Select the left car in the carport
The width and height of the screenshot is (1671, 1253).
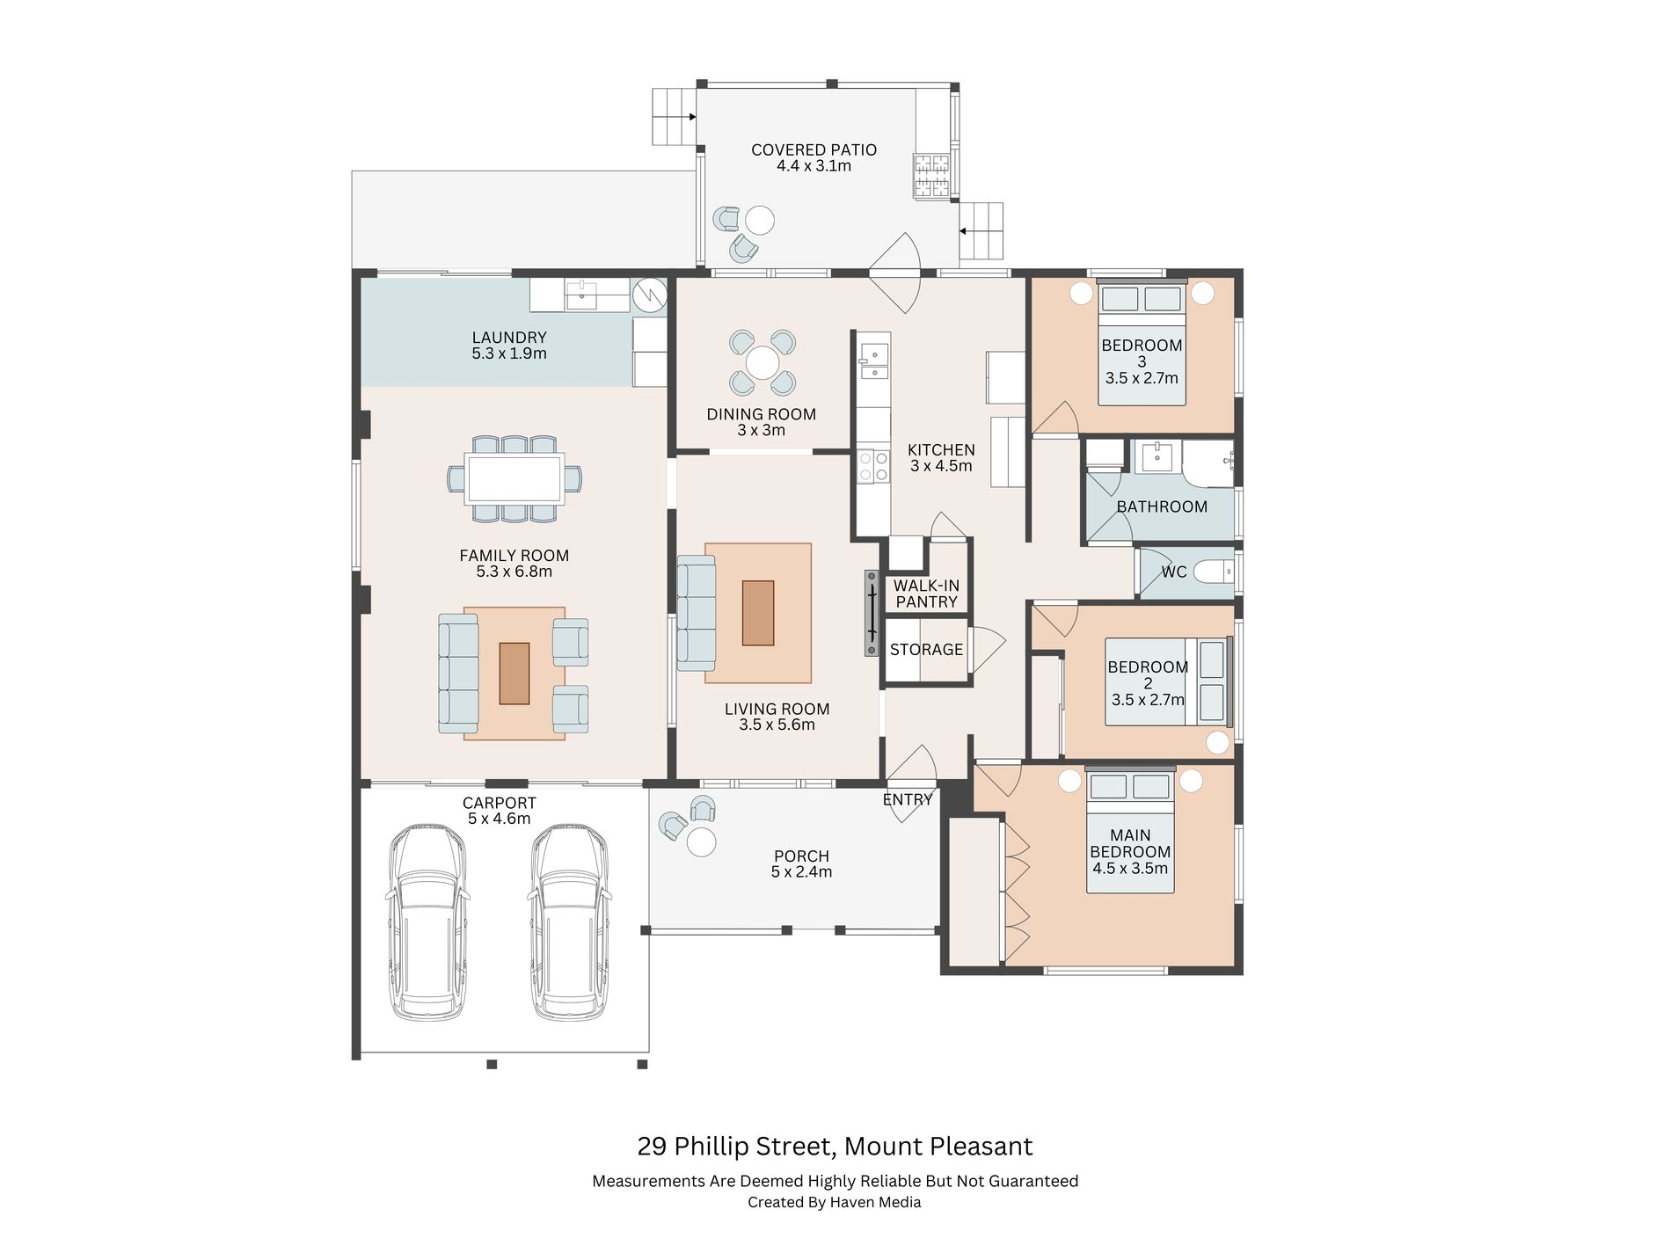tap(427, 922)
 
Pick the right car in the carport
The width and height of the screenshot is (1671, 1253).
tap(570, 922)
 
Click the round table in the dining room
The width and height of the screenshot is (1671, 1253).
tap(762, 363)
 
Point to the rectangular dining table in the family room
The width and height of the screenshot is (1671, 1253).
tap(514, 478)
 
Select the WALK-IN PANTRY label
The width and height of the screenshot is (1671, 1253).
tap(926, 594)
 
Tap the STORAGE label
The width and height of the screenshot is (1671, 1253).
tap(926, 650)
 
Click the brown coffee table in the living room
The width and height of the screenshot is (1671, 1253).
tap(758, 613)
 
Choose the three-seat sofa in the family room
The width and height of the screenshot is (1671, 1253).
tap(458, 674)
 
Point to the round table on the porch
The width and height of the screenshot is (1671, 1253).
tap(701, 841)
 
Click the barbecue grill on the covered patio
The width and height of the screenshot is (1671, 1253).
tap(932, 175)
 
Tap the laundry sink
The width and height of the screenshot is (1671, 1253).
tap(581, 295)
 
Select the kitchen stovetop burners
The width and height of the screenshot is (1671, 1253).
tap(873, 466)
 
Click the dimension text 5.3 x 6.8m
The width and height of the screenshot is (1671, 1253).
tap(514, 572)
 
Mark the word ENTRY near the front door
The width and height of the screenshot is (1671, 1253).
tap(908, 800)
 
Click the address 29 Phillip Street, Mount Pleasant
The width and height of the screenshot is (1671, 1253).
tap(835, 1147)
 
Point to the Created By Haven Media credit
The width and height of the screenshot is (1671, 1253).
tap(835, 1202)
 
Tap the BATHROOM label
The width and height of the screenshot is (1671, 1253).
tap(1162, 506)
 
